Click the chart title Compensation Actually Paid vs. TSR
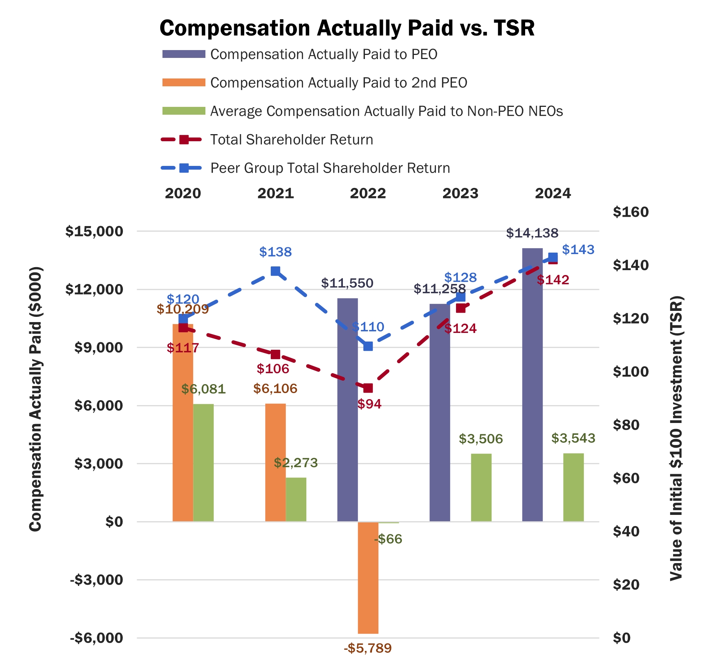point(347,28)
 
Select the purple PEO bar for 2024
point(532,385)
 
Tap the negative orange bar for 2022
point(368,577)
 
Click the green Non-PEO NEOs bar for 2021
point(296,500)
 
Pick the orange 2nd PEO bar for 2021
point(275,463)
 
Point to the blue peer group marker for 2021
point(275,271)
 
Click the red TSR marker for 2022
point(368,388)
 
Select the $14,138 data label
point(532,233)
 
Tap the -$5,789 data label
point(368,648)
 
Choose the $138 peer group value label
point(275,252)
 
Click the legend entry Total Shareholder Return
point(291,140)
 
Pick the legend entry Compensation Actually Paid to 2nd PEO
point(338,83)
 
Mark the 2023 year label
point(460,194)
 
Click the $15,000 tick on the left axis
point(94,231)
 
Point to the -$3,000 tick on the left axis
point(96,580)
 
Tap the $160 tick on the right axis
point(631,212)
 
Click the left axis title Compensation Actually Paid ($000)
point(35,399)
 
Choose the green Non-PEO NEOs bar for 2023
point(481,488)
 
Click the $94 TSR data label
point(369,404)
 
